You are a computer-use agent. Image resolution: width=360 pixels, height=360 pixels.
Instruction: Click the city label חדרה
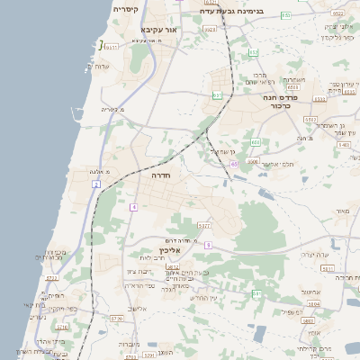[x=162, y=176]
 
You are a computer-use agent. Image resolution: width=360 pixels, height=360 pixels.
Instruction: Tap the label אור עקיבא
[x=158, y=30]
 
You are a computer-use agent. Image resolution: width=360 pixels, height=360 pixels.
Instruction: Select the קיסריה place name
[x=125, y=8]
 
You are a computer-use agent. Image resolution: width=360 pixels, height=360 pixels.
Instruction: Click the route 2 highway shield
[x=95, y=184]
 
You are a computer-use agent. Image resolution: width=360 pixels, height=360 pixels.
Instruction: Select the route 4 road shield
[x=133, y=207]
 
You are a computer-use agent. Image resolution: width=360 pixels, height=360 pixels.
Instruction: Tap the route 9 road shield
[x=208, y=245]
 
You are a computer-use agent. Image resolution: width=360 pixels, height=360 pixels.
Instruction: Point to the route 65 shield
[x=234, y=164]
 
